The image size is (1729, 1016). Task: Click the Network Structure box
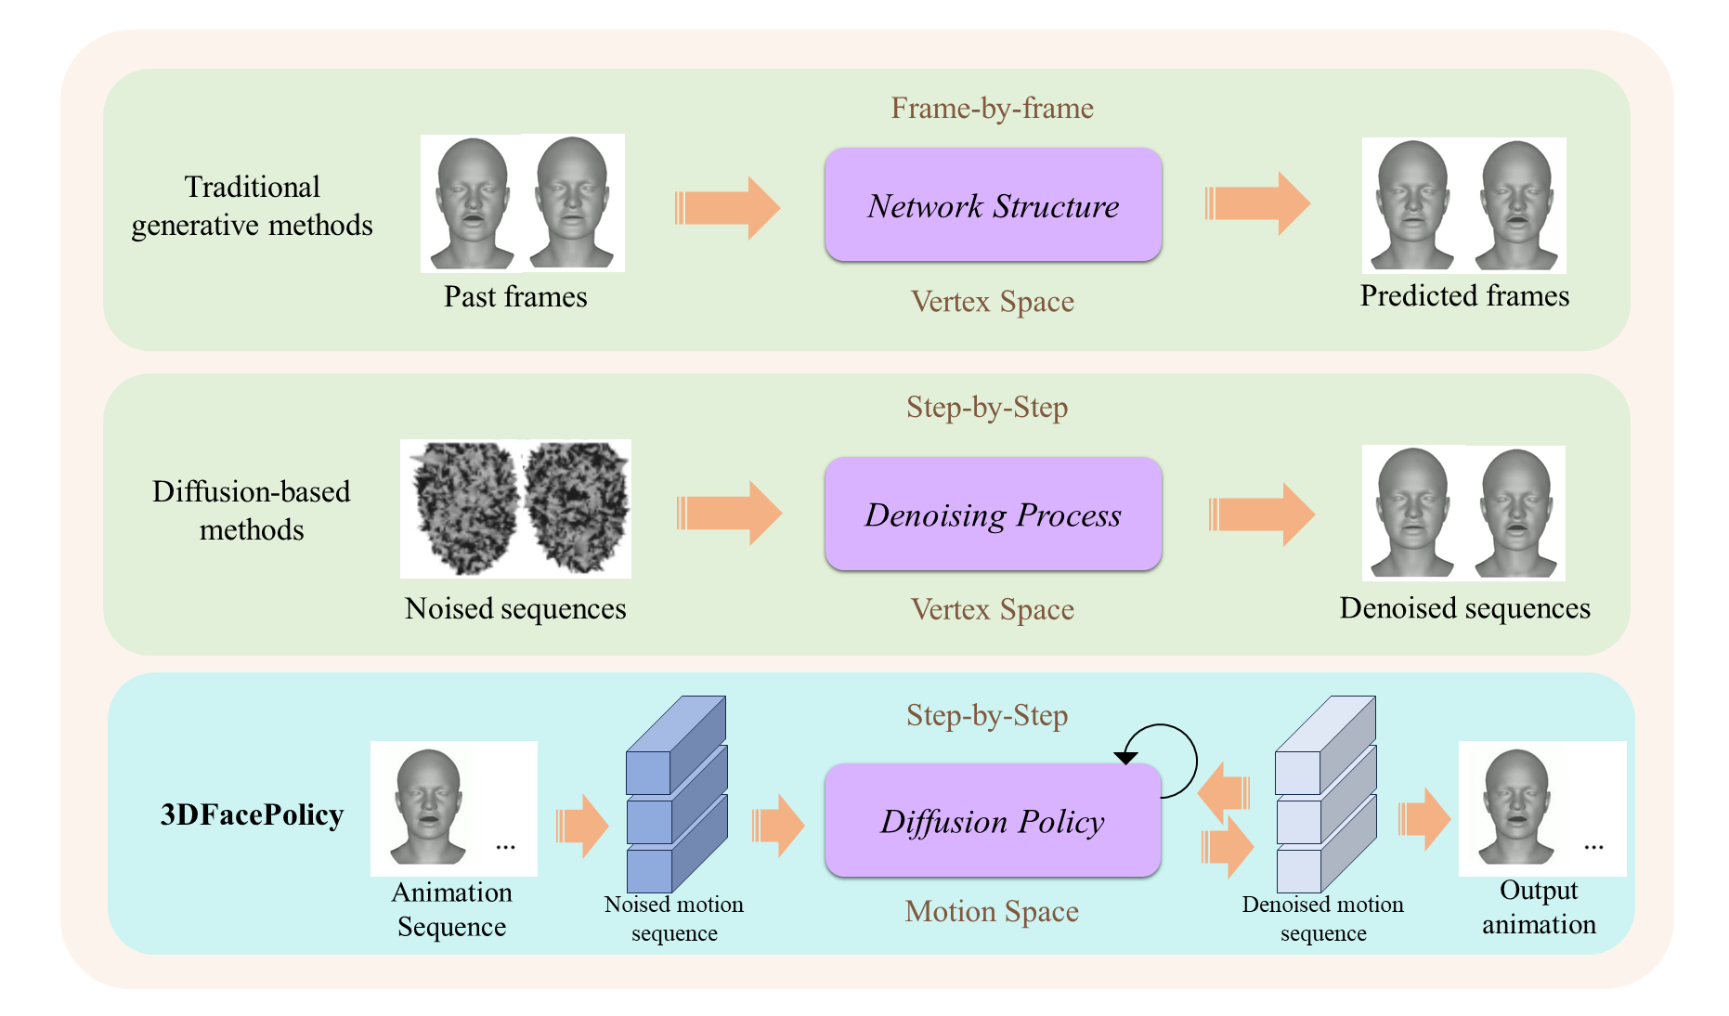[x=993, y=205]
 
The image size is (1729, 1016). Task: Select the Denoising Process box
[x=993, y=514]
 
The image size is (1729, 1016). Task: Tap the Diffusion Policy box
[x=993, y=821]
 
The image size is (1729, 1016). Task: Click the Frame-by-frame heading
[x=992, y=108]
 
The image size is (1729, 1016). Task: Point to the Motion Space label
[x=992, y=911]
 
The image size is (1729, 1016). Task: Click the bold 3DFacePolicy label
[x=252, y=814]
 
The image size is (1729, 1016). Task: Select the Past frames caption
[x=515, y=296]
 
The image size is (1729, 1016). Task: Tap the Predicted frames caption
[x=1464, y=295]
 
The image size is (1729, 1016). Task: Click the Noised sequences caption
[x=515, y=608]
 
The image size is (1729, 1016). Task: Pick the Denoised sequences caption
[x=1464, y=607]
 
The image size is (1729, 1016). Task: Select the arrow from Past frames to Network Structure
[x=727, y=207]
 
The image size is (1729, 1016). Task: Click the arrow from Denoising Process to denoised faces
[x=1261, y=514]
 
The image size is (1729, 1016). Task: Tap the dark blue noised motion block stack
[x=675, y=795]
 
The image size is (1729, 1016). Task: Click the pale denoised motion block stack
[x=1324, y=795]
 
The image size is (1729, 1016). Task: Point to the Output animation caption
[x=1539, y=907]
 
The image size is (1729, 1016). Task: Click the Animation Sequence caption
[x=452, y=909]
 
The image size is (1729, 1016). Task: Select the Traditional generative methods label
[x=252, y=206]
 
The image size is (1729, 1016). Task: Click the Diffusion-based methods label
[x=252, y=510]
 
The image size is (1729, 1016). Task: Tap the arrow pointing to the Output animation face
[x=1423, y=819]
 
